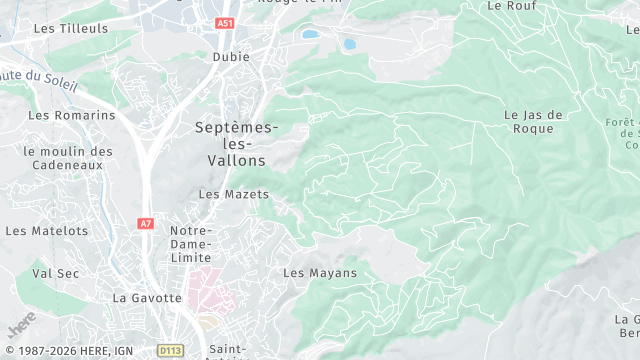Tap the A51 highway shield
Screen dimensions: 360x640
[x=224, y=23]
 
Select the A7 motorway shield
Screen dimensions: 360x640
[x=147, y=223]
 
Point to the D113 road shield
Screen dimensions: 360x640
[x=170, y=351]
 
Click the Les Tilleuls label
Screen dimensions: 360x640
[x=70, y=29]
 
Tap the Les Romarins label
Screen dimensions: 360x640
[x=72, y=115]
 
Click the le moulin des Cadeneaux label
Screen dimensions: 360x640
[x=68, y=158]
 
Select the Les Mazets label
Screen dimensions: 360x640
[x=228, y=194]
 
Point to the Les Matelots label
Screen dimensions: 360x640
[x=47, y=231]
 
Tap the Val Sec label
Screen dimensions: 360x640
[x=55, y=272]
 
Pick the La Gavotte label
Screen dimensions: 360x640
[x=148, y=298]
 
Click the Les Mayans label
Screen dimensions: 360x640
[x=320, y=273]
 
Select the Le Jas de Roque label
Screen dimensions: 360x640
[x=534, y=122]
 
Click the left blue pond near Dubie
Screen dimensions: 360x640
[x=311, y=34]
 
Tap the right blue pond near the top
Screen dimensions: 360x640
[x=350, y=45]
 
